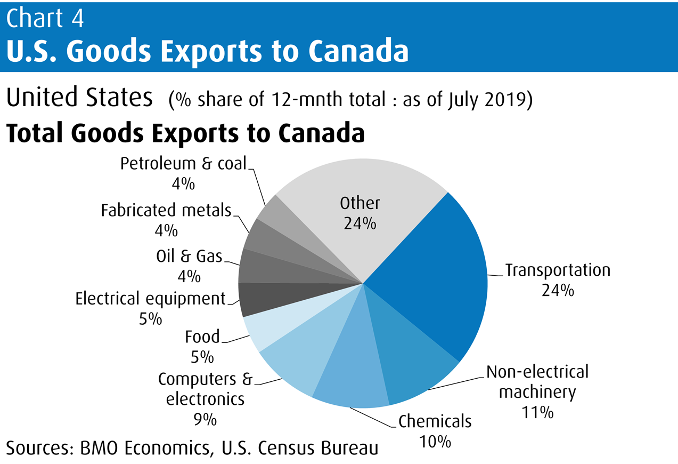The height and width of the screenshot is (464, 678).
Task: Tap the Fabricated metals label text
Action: (166, 210)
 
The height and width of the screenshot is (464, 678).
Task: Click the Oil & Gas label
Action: (189, 257)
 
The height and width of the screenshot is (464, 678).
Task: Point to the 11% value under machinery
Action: (537, 412)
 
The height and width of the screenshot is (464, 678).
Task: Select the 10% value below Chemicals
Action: (435, 442)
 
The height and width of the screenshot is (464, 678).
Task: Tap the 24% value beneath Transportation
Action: (558, 291)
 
